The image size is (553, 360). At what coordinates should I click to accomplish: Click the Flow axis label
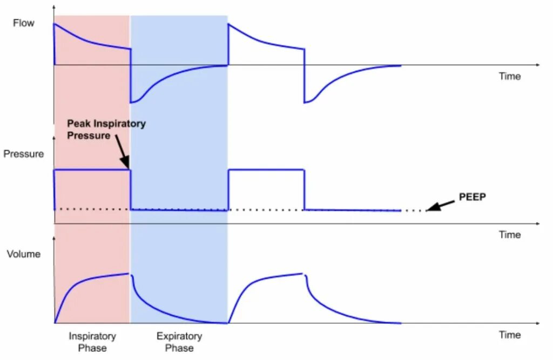[x=24, y=23]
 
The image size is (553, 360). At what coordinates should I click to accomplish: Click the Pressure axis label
[x=23, y=154]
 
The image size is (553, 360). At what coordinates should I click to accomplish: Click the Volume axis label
[x=23, y=254]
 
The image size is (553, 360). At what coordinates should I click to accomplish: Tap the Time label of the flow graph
[x=509, y=77]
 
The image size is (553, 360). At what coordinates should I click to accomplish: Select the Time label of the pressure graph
[x=509, y=235]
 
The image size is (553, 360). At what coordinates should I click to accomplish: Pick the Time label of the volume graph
[x=509, y=335]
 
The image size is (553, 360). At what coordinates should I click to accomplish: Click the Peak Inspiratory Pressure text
[x=106, y=130]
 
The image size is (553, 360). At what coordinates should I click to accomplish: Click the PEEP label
[x=473, y=198]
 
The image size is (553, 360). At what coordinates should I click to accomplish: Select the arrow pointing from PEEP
[x=440, y=206]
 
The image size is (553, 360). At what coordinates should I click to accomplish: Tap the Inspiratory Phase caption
[x=92, y=342]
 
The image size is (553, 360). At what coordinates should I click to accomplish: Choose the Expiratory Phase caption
[x=179, y=342]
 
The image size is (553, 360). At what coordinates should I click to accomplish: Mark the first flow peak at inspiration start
[x=54, y=24]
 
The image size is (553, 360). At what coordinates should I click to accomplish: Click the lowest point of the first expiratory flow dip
[x=132, y=102]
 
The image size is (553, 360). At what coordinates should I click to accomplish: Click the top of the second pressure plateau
[x=267, y=171]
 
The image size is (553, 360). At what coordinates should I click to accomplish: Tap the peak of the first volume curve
[x=129, y=274]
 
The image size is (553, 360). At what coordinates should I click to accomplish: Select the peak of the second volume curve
[x=302, y=274]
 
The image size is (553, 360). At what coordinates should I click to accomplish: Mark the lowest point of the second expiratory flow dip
[x=306, y=102]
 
